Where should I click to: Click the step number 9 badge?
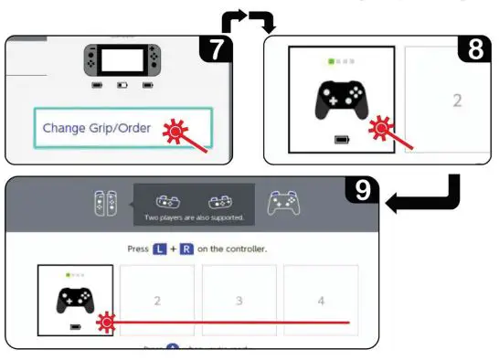tap(362, 192)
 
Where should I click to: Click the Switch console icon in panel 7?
tap(123, 62)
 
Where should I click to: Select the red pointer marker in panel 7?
tap(172, 133)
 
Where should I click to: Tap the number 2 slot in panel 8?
tap(456, 100)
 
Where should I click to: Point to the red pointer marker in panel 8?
tap(378, 131)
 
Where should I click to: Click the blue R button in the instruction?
tap(186, 249)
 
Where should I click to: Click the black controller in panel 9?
tap(76, 297)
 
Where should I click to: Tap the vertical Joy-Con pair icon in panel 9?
tap(106, 203)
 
